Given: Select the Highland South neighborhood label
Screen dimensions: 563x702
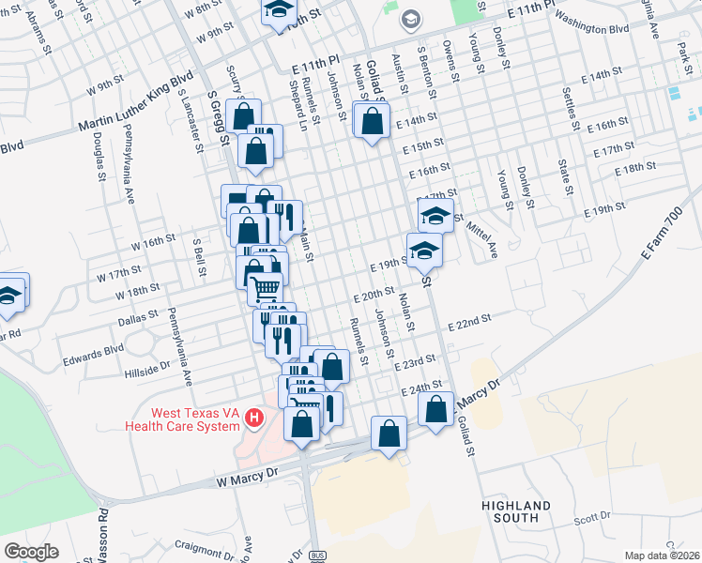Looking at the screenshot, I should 516,510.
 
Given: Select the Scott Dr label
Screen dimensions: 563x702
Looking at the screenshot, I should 592,516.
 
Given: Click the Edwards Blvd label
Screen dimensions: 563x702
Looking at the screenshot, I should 93,356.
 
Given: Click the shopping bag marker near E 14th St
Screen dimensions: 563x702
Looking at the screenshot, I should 373,121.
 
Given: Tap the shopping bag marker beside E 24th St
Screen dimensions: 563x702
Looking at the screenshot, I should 436,409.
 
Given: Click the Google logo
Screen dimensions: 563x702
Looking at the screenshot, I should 31,552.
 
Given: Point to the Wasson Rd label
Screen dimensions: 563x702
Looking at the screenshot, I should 103,535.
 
